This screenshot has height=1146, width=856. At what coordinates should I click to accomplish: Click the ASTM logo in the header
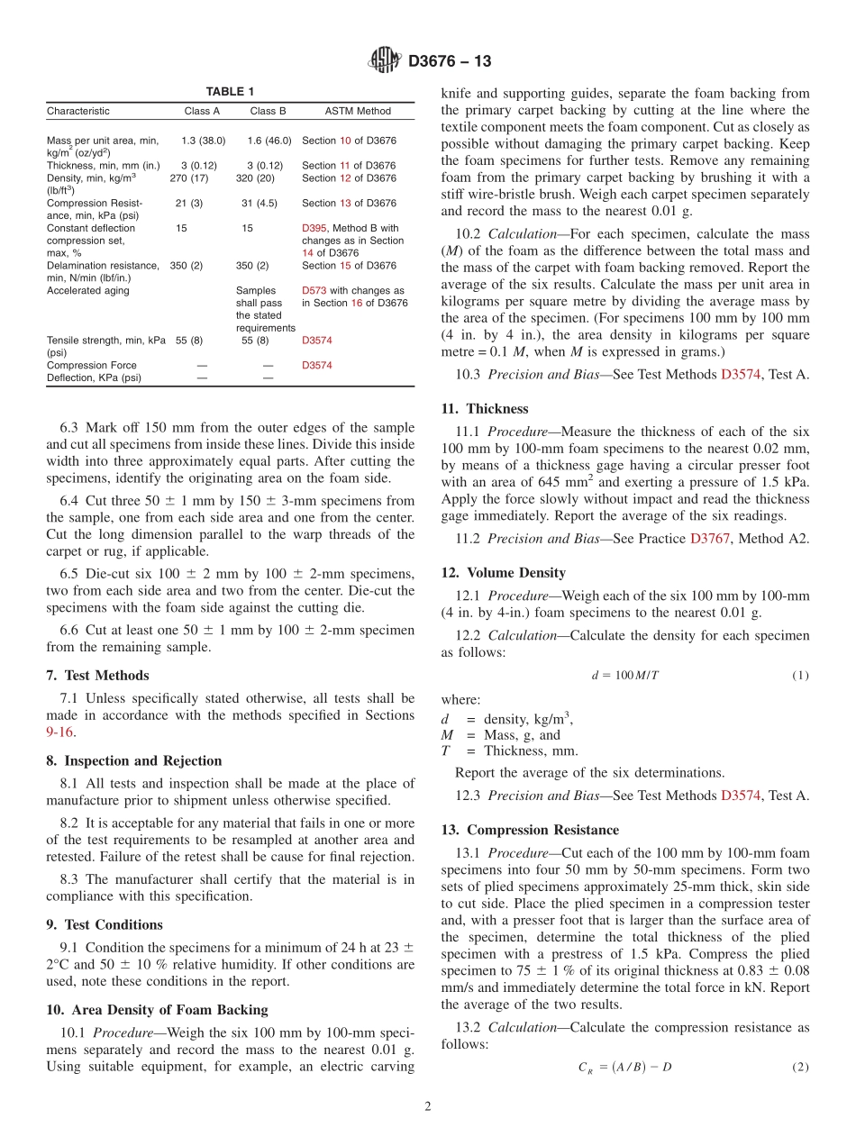pos(385,61)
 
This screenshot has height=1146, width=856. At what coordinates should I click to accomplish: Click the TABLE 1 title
pos(230,92)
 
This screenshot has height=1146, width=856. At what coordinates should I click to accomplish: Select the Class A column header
pos(202,112)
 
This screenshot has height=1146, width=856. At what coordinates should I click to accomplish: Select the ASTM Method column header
pos(358,112)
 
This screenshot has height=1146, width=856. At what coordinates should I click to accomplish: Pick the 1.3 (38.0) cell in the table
pos(203,141)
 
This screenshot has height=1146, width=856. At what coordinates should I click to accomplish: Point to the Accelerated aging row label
pos(88,291)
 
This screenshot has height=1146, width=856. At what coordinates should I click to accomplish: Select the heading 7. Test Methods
pos(97,676)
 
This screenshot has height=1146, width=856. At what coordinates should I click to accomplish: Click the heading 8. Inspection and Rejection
pos(133,761)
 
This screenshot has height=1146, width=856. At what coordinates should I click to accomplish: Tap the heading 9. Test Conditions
pos(105,925)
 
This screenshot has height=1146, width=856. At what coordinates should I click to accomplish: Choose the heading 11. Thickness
pos(485,409)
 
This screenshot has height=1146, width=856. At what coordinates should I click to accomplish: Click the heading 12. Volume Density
pos(503,573)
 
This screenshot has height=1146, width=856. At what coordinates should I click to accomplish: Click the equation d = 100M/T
pos(624,675)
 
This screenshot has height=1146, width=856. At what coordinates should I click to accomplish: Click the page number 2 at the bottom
pos(428,1107)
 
